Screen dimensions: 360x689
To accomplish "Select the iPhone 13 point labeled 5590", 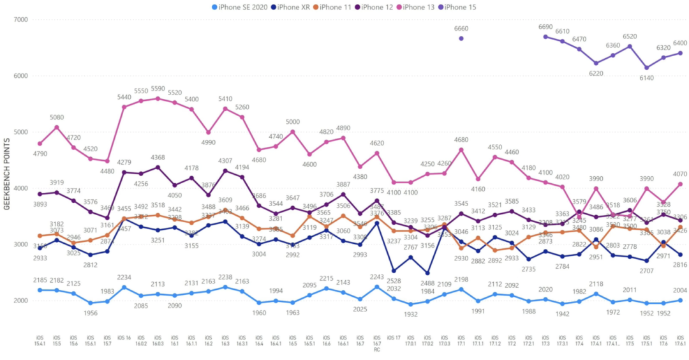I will click(158, 98).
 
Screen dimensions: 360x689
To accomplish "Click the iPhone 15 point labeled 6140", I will click(646, 68).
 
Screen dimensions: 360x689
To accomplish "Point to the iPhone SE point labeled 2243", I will click(377, 287).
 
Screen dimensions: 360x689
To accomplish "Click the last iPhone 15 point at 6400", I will click(680, 53).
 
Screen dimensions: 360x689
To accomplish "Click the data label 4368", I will click(158, 158).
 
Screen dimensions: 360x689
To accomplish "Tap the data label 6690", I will click(545, 27).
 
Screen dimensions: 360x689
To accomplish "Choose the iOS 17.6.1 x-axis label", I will click(680, 341).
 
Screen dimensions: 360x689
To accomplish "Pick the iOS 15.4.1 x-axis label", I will click(40, 341).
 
